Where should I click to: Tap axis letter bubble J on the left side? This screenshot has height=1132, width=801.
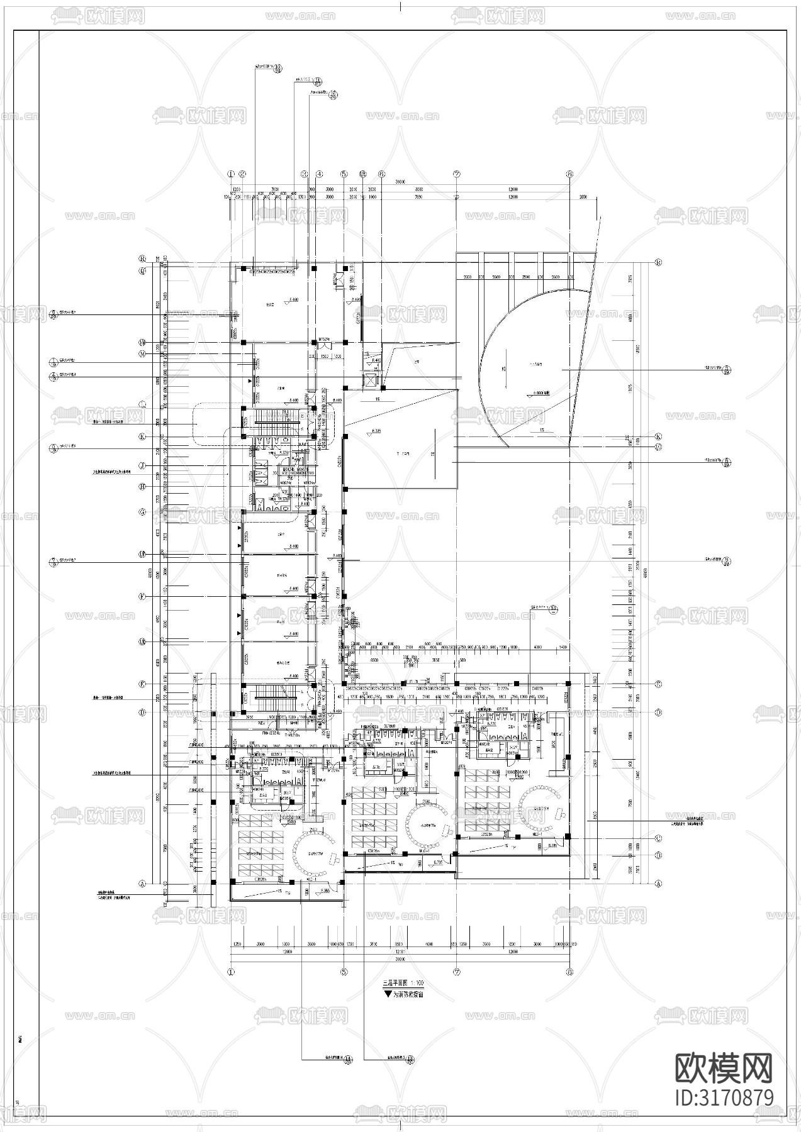(x=143, y=466)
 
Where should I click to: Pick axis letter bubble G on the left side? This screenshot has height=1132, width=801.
(x=143, y=512)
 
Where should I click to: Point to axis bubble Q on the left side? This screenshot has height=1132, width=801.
(x=143, y=271)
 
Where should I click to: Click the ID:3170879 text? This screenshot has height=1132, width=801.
(x=724, y=1098)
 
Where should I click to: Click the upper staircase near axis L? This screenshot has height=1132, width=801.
(x=277, y=416)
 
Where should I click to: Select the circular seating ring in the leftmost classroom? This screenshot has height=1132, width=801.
(x=313, y=853)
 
